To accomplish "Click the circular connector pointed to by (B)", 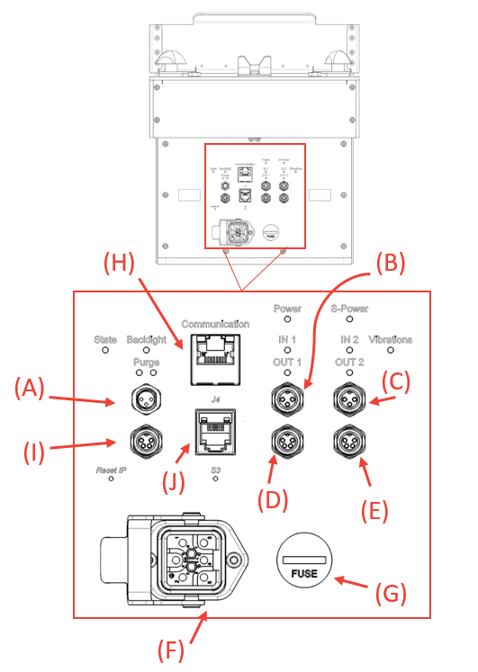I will tap(287, 397).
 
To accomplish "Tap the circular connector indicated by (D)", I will tap(287, 441).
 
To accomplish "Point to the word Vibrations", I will tap(391, 340).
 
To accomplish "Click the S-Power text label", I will tap(349, 308).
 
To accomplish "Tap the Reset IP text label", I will tap(111, 470).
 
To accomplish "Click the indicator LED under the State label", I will tap(106, 352).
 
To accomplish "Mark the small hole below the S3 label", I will tap(215, 479).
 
